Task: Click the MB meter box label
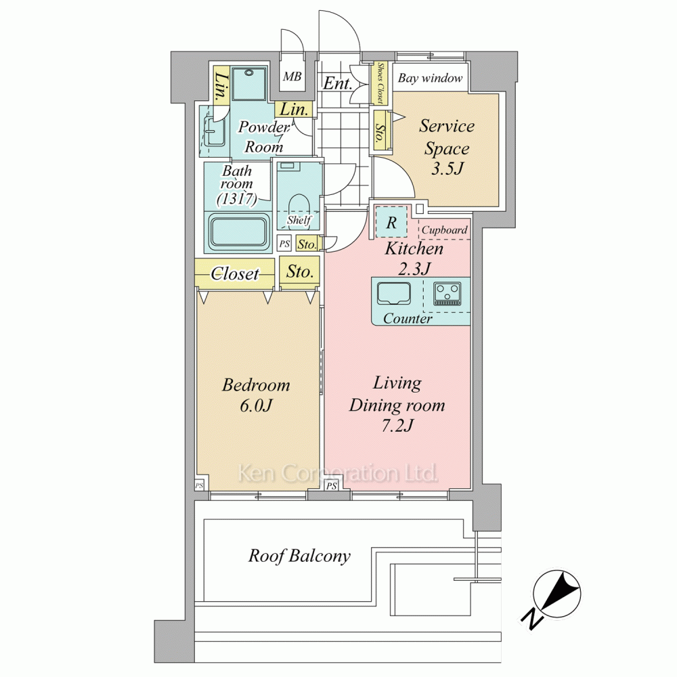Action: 292,77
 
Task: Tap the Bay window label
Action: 430,78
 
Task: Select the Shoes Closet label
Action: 380,83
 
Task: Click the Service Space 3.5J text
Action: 447,147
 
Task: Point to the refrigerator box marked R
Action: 391,222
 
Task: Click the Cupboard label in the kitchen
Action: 444,230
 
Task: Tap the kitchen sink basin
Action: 394,294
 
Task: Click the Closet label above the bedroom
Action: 235,274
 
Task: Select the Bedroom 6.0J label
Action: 256,395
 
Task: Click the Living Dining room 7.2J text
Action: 397,404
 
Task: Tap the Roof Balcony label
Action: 299,556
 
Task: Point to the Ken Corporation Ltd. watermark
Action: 338,473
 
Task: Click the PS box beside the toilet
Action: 284,244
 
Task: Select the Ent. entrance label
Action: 337,83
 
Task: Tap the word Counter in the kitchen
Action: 408,319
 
